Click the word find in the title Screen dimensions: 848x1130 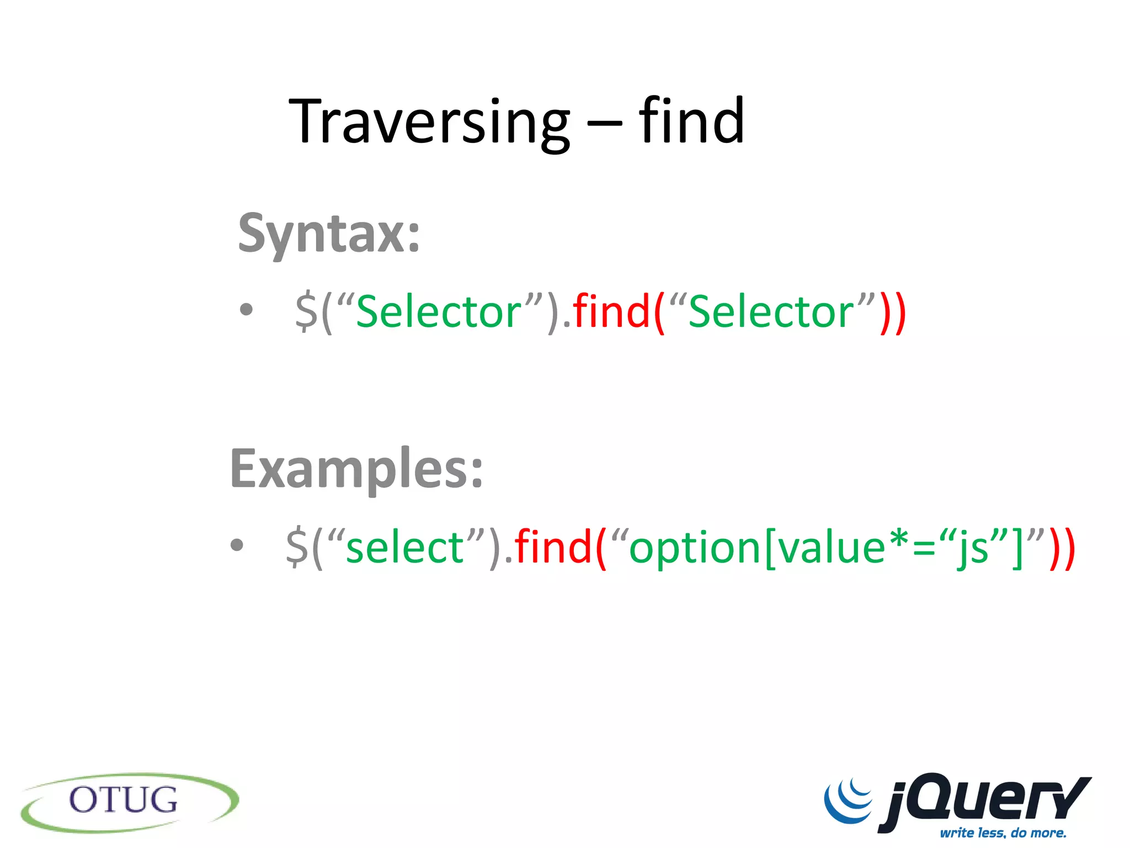[692, 120]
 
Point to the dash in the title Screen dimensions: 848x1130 [605, 125]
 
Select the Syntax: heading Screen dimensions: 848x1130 [329, 234]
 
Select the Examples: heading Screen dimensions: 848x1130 [357, 469]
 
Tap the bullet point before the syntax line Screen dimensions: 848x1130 [247, 310]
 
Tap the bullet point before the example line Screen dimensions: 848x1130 [237, 545]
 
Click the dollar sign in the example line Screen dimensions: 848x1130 [297, 547]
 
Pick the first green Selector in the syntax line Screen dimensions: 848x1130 [439, 312]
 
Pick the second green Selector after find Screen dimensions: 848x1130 [771, 312]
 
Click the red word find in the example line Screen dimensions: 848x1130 [553, 547]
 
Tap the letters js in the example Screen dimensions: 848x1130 [974, 548]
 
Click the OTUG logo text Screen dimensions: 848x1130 [123, 801]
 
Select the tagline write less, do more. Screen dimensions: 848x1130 [1003, 833]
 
